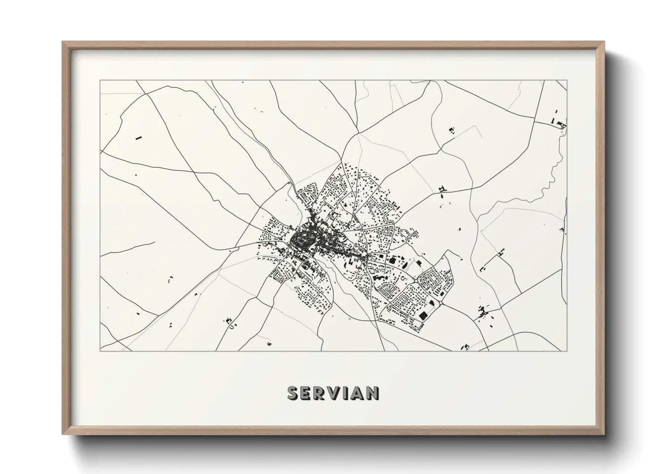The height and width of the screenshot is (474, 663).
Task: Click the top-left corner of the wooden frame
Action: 63,42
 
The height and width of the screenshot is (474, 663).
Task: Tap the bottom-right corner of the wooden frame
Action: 605,434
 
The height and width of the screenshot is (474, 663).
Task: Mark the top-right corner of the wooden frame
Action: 605,42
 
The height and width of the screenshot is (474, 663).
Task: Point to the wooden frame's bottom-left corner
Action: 63,434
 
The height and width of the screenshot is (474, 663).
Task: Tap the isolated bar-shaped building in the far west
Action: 138,138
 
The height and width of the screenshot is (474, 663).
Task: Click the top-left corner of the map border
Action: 100,81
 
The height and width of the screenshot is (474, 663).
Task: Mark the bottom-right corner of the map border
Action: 567,351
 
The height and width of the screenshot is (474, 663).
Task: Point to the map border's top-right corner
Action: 567,81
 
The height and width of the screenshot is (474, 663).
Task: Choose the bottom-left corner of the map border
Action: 100,351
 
